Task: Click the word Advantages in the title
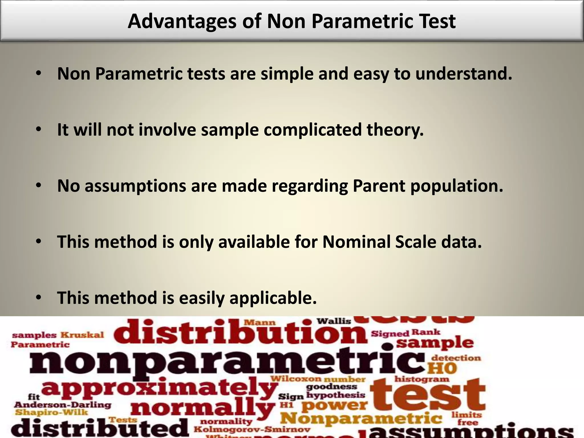[182, 22]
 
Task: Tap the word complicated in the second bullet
[312, 130]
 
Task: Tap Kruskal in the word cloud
[82, 335]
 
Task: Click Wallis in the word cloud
[334, 321]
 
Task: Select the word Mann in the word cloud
[260, 323]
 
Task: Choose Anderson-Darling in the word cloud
[62, 405]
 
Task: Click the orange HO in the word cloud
[442, 368]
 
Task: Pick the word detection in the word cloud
[456, 358]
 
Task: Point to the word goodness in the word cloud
[331, 387]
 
